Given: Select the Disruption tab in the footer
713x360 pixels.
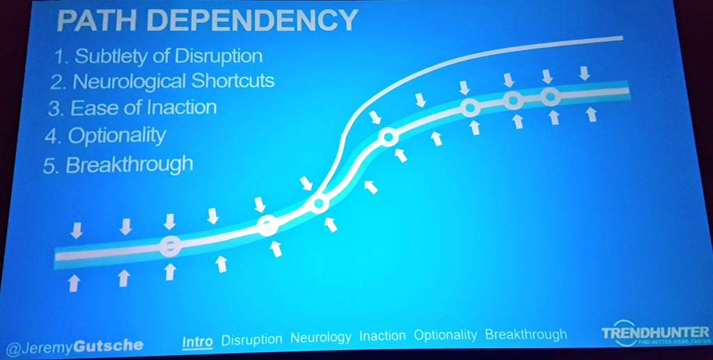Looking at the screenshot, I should [x=251, y=338].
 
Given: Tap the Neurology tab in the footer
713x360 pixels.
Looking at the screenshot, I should [x=320, y=337].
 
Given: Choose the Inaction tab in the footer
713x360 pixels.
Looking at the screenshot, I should [x=383, y=336].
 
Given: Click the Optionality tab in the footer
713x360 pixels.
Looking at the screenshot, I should [x=446, y=336].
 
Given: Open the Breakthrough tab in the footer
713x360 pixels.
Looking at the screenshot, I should [x=526, y=335].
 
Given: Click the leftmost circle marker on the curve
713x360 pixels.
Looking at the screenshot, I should [x=169, y=245].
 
